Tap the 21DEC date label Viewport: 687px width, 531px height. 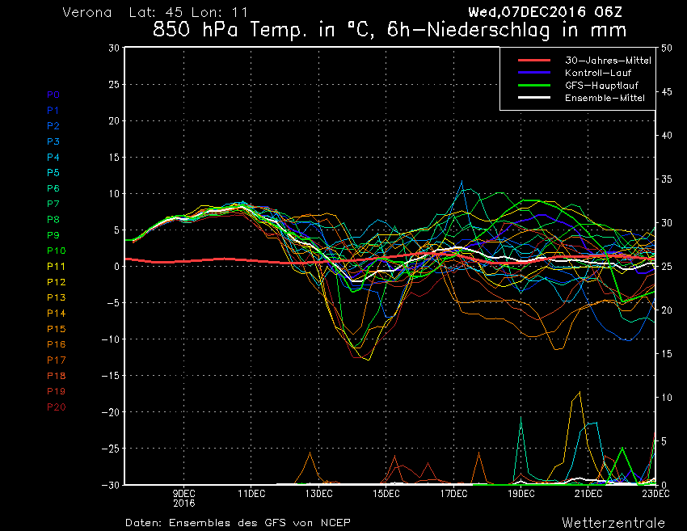[x=588, y=494]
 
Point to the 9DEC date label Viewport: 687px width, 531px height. [x=183, y=494]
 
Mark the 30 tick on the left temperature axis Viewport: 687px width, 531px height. [x=114, y=48]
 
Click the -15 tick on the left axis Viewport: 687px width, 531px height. [x=111, y=376]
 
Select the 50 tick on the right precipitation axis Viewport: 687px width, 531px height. [x=667, y=48]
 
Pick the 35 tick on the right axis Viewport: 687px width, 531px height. [x=667, y=179]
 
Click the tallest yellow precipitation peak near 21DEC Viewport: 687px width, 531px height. [x=580, y=392]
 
